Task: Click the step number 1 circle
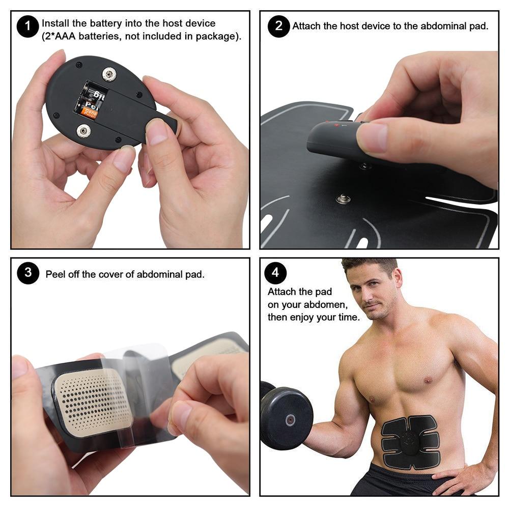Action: click(x=27, y=26)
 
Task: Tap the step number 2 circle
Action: click(x=278, y=26)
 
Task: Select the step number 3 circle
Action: click(x=28, y=273)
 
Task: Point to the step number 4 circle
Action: click(x=275, y=273)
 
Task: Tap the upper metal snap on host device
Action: click(x=109, y=75)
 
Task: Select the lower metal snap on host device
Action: click(x=83, y=131)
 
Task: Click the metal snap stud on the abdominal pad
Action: click(x=343, y=198)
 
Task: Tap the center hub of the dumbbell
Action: click(x=290, y=420)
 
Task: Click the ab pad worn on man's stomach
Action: click(x=410, y=442)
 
